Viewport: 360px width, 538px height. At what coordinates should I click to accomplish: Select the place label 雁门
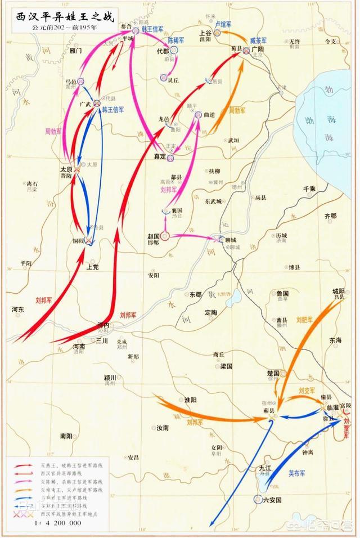click(75, 51)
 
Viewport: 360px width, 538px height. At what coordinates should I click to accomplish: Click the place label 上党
click(92, 267)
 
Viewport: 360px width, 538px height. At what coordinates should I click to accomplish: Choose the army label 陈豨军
click(177, 41)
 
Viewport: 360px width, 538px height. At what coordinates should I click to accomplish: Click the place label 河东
click(17, 309)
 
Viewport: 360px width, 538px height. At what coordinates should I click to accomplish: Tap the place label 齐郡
click(331, 216)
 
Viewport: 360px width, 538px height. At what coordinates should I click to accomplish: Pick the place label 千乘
click(309, 189)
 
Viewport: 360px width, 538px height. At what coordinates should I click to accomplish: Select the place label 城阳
click(338, 291)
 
